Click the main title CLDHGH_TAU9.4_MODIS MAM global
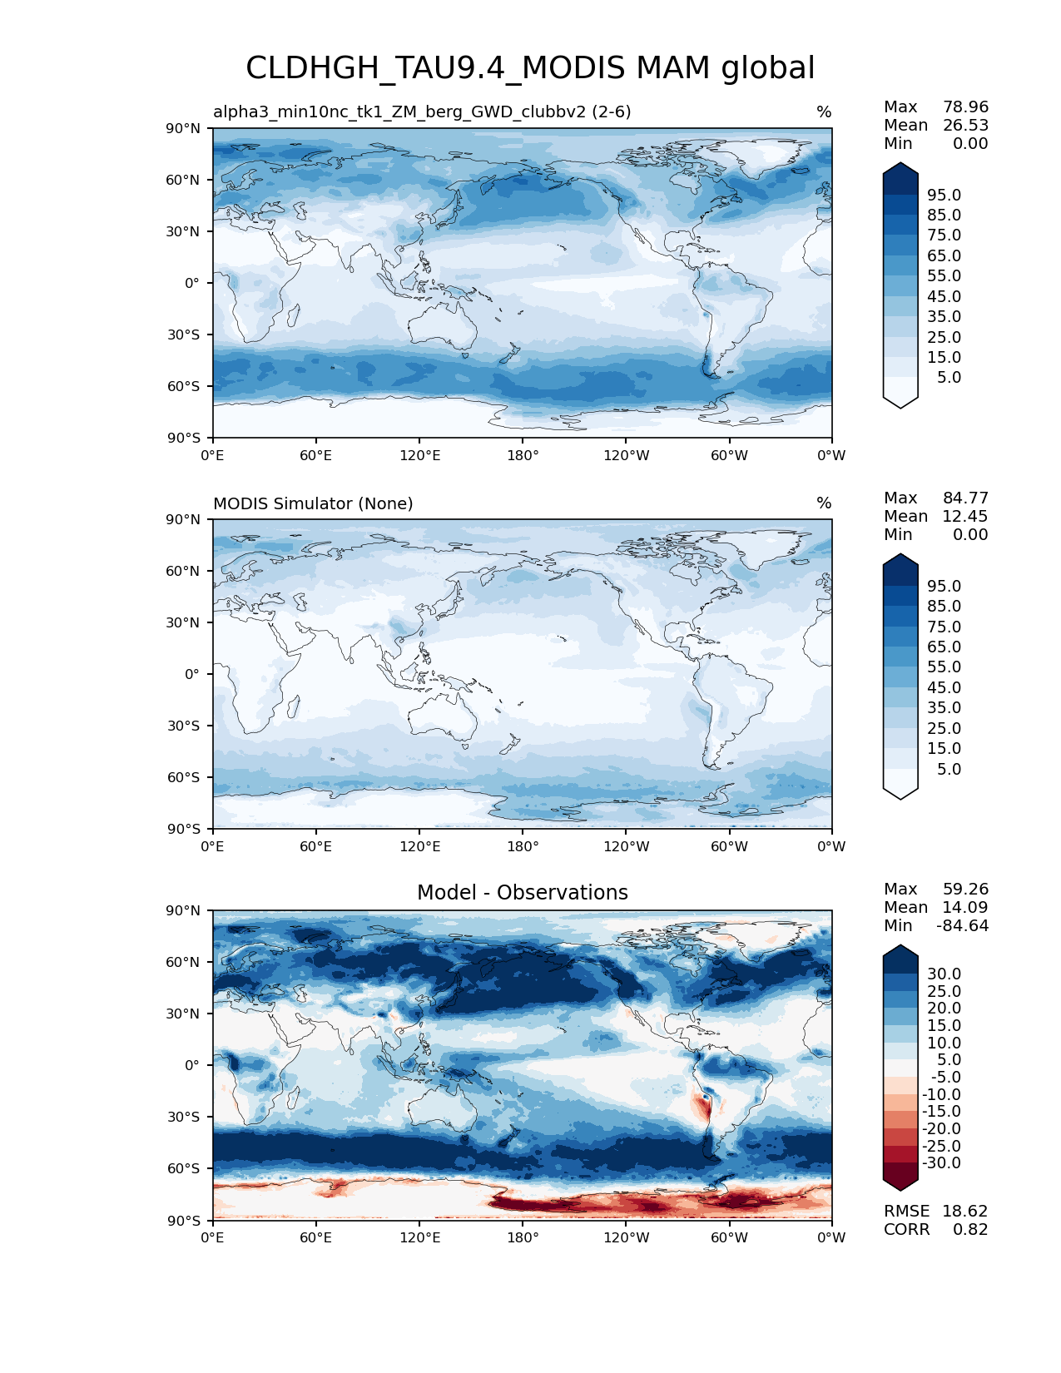[x=530, y=68]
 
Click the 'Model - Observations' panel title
[x=522, y=893]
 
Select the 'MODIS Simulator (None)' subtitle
[x=313, y=503]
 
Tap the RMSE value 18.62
[x=964, y=1211]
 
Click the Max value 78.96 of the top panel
[x=965, y=107]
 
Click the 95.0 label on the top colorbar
[x=944, y=195]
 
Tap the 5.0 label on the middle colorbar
[x=949, y=769]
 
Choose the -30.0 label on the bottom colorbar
[x=941, y=1162]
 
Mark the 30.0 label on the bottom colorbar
[x=944, y=974]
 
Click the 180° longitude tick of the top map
[x=523, y=455]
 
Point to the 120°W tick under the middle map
[x=626, y=846]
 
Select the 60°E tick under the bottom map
[x=316, y=1237]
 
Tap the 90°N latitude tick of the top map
[x=183, y=128]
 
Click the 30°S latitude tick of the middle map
[x=183, y=726]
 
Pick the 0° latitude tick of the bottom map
[x=192, y=1065]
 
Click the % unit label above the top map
[x=824, y=112]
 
